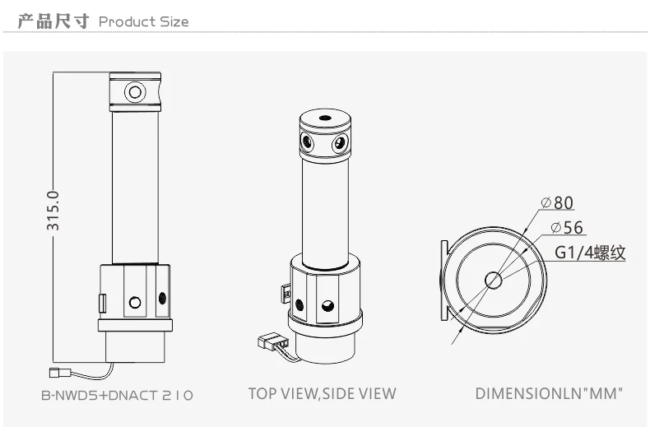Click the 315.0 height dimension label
pos(53,211)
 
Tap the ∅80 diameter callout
pos(558,202)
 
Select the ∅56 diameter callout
pos(567,228)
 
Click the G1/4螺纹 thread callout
pos(590,253)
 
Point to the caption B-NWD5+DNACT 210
pos(118,395)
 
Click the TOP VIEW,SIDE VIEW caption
pos(322,394)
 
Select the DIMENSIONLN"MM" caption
pos(549,394)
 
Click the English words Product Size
pos(144,21)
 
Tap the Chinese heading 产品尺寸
pos(53,21)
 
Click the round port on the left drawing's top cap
pos(135,91)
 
